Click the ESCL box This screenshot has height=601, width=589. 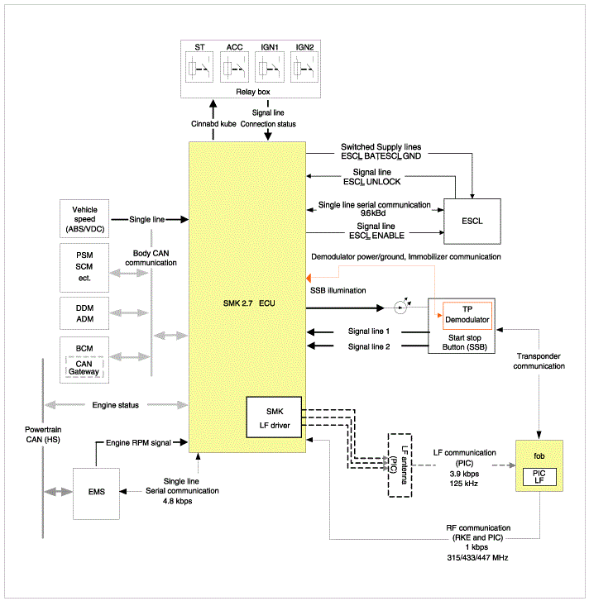pyautogui.click(x=472, y=222)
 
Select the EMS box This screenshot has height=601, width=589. pyautogui.click(x=96, y=494)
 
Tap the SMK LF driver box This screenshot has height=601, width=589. pyautogui.click(x=274, y=417)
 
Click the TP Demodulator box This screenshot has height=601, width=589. pyautogui.click(x=467, y=316)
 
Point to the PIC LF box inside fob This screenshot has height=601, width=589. pyautogui.click(x=539, y=477)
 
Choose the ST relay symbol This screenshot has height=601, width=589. pyautogui.click(x=199, y=68)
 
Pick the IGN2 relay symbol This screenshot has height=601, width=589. pyautogui.click(x=304, y=68)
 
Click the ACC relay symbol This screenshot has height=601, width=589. pyautogui.click(x=234, y=68)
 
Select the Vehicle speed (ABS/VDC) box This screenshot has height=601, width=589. pyautogui.click(x=84, y=218)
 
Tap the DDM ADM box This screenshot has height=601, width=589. pyautogui.click(x=84, y=313)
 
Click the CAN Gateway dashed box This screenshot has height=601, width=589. pyautogui.click(x=84, y=367)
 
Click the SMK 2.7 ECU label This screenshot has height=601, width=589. pyautogui.click(x=249, y=303)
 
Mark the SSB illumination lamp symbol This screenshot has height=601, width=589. pyautogui.click(x=400, y=308)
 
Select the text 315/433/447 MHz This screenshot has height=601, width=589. pyautogui.click(x=477, y=558)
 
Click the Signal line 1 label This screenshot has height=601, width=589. pyautogui.click(x=368, y=332)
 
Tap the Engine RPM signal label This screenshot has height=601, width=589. pyautogui.click(x=138, y=443)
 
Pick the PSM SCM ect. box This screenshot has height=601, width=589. pyautogui.click(x=84, y=268)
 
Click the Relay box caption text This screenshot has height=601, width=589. pyautogui.click(x=252, y=92)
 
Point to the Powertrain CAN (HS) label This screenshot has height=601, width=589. pyautogui.click(x=43, y=434)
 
